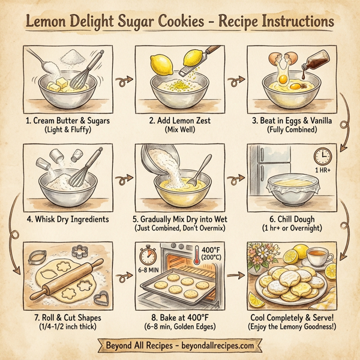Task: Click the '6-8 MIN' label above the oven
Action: pos(149,271)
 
